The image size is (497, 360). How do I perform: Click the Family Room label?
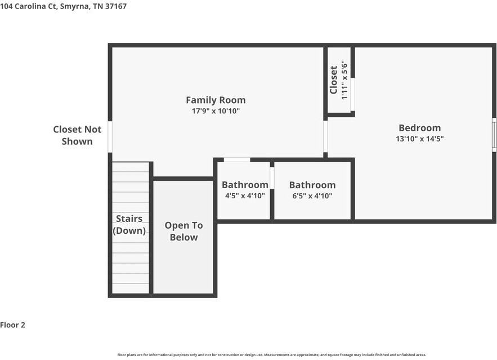216,100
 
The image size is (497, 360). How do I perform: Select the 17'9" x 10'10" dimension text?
216,111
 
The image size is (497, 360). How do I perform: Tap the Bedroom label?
420,128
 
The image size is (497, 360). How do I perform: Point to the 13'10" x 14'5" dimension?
420,139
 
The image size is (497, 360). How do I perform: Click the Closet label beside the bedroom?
333,80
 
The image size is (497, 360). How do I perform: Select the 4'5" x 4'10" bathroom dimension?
245,195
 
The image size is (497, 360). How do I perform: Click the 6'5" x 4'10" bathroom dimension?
312,195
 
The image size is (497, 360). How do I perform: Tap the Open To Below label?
184,231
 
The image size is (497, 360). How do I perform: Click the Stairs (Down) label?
129,225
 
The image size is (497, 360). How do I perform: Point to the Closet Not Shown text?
77,135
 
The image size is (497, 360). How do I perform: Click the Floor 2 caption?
12,325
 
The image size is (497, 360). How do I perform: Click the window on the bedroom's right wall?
494,135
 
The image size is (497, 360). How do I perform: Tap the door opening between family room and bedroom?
325,136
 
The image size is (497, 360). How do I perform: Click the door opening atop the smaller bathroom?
237,160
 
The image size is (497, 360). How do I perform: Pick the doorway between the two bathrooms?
272,178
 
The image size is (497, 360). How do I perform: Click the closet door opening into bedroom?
352,94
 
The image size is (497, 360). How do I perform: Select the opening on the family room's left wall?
110,137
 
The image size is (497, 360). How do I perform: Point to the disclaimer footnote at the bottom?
272,355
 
